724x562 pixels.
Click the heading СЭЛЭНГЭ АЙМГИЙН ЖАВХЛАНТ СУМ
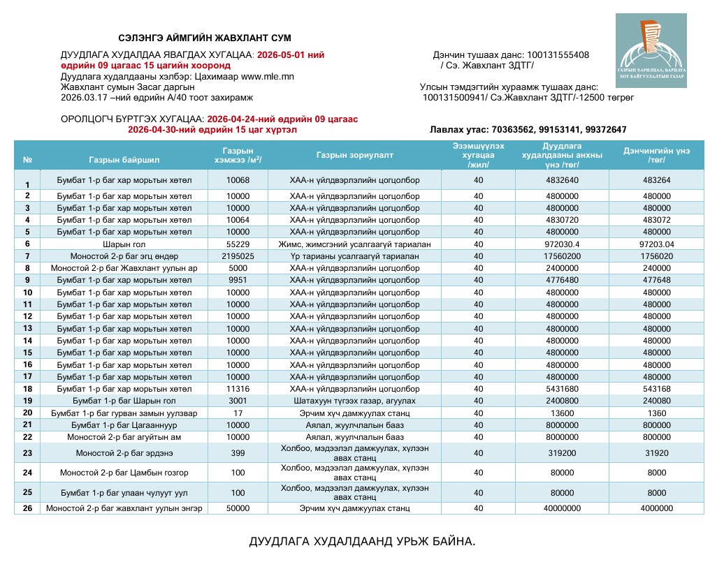[204, 38]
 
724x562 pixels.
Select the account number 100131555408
[558, 55]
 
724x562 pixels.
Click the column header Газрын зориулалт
[354, 155]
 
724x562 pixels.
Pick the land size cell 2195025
[238, 256]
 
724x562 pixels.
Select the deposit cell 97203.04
[656, 244]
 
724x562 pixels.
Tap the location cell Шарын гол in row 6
[124, 244]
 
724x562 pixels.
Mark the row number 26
[27, 508]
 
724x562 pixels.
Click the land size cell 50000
[238, 508]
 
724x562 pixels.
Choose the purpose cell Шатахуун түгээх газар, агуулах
[354, 401]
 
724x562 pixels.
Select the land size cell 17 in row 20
[238, 413]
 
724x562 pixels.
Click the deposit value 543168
[656, 388]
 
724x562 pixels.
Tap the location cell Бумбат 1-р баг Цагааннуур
[124, 424]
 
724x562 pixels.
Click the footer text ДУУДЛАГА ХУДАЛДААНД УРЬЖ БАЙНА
[361, 542]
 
